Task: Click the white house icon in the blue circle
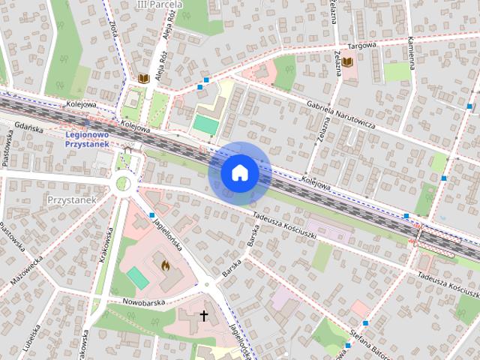pos(239,173)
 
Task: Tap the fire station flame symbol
pos(166,264)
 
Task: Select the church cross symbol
pos(203,316)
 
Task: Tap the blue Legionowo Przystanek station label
pos(88,139)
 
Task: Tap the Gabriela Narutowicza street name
pos(341,114)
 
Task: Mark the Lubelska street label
pos(35,339)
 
